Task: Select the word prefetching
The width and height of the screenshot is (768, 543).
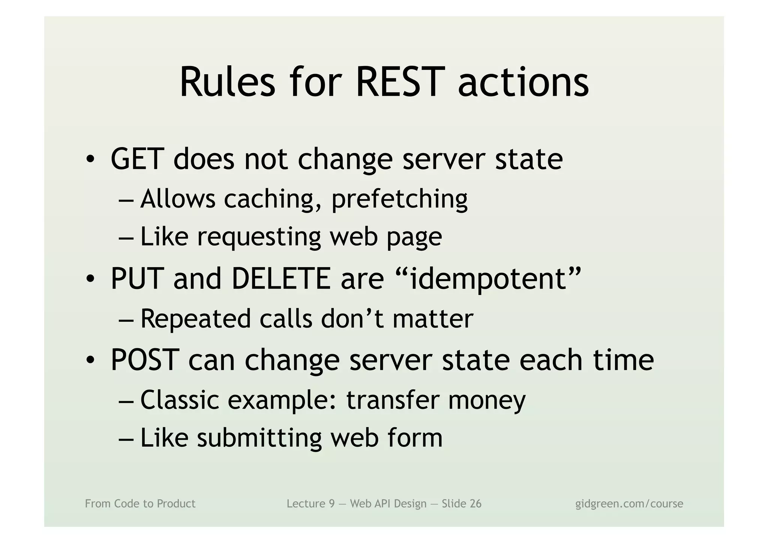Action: click(399, 199)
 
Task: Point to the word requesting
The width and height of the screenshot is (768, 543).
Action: click(259, 237)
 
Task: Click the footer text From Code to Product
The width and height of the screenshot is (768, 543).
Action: click(140, 504)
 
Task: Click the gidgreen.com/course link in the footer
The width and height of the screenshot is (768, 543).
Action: click(629, 504)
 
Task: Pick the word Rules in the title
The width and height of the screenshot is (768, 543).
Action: click(227, 82)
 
